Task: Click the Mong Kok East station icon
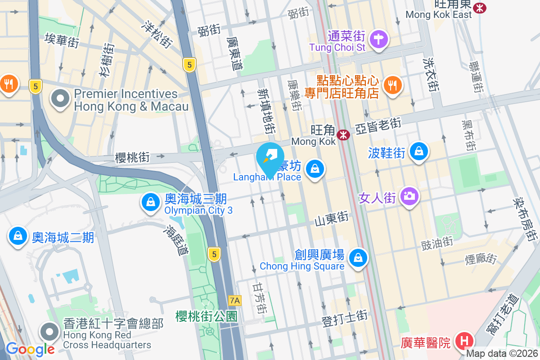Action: point(481,7)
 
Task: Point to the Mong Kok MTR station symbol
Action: point(343,134)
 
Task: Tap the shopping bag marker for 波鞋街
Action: point(419,152)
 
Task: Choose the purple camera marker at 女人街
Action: point(409,196)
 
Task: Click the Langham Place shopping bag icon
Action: point(315,169)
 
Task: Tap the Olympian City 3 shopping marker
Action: point(149,203)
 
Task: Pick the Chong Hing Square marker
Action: point(358,258)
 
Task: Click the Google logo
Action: point(30,349)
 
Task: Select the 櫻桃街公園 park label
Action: point(206,316)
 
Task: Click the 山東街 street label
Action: point(332,218)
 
